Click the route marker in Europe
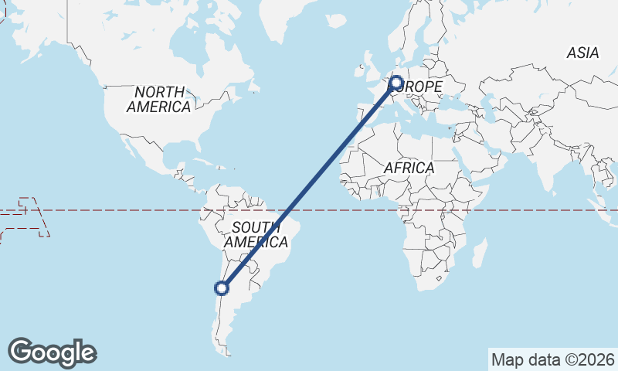397,82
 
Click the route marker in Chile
222,288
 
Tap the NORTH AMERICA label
159,100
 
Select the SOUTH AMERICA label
256,234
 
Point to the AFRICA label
409,168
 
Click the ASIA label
582,53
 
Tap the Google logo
53,352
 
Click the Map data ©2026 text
553,359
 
